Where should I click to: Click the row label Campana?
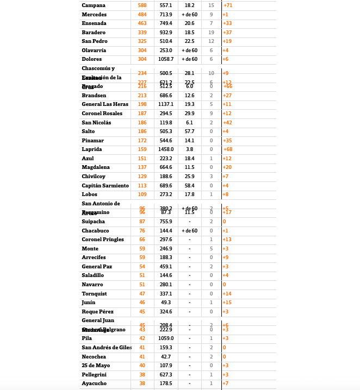(x=94, y=5)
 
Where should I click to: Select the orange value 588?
(x=142, y=5)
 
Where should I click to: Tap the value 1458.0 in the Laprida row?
(x=166, y=149)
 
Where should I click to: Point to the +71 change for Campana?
(x=228, y=5)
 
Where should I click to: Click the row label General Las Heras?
(x=105, y=104)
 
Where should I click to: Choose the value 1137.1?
(x=166, y=104)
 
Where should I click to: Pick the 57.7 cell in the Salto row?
(x=189, y=131)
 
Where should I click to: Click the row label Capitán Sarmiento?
(x=105, y=186)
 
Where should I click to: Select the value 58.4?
(x=189, y=186)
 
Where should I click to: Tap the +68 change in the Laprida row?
(x=228, y=149)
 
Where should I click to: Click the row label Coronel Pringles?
(x=103, y=240)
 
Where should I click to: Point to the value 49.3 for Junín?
(x=166, y=303)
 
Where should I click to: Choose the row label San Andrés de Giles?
(x=107, y=348)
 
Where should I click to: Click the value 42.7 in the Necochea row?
(x=166, y=357)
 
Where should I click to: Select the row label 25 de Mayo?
(x=96, y=366)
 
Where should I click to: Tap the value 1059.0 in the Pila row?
(x=166, y=338)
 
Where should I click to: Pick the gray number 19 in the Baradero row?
(x=211, y=33)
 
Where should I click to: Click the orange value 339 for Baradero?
(x=142, y=33)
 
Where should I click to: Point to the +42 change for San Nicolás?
(x=227, y=123)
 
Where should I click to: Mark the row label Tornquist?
(x=94, y=294)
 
